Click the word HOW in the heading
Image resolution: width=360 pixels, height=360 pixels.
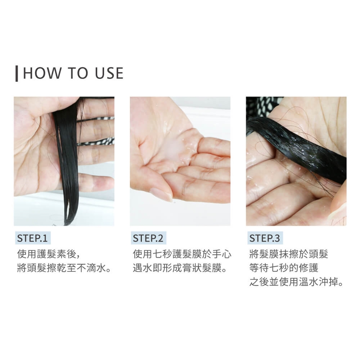pyautogui.click(x=42, y=73)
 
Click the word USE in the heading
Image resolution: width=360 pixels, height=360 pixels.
pyautogui.click(x=109, y=73)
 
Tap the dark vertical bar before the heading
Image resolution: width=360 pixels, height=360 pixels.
pyautogui.click(x=16, y=73)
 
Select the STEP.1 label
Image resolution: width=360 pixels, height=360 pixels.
pyautogui.click(x=32, y=238)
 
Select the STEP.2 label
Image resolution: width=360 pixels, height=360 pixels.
pyautogui.click(x=148, y=238)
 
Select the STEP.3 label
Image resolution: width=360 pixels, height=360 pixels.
pyautogui.click(x=265, y=238)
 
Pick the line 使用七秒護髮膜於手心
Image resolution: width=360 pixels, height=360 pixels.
pyautogui.click(x=182, y=254)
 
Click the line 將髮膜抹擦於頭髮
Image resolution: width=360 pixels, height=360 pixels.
pyautogui.click(x=289, y=254)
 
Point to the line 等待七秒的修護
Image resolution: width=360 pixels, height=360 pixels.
pyautogui.click(x=284, y=268)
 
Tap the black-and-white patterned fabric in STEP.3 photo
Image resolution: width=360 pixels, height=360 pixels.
pyautogui.click(x=264, y=106)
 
